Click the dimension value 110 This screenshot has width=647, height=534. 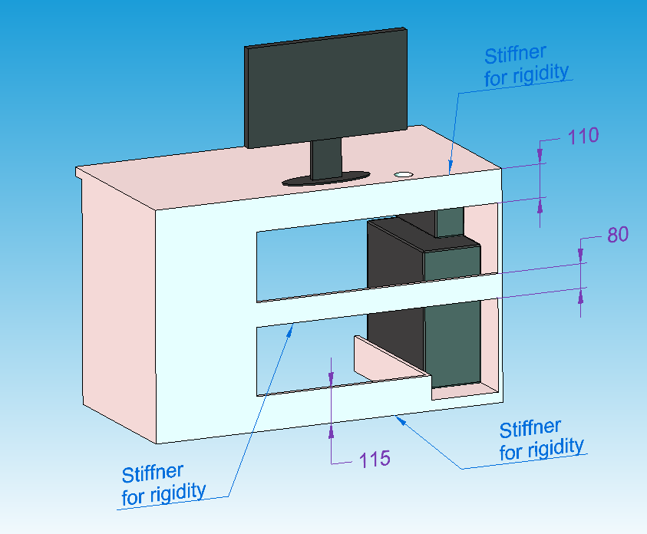[583, 137]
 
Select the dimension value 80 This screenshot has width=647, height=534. [617, 235]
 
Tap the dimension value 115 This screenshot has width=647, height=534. [375, 459]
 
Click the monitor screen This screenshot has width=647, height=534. [325, 88]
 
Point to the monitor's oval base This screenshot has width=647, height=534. [326, 179]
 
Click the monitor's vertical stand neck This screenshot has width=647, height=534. [326, 159]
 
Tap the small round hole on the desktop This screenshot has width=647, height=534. [402, 175]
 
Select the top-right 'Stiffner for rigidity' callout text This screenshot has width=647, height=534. [527, 64]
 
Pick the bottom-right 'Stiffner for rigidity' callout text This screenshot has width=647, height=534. [541, 439]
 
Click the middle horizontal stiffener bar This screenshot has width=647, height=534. [376, 302]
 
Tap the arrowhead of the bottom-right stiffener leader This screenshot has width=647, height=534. [399, 419]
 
